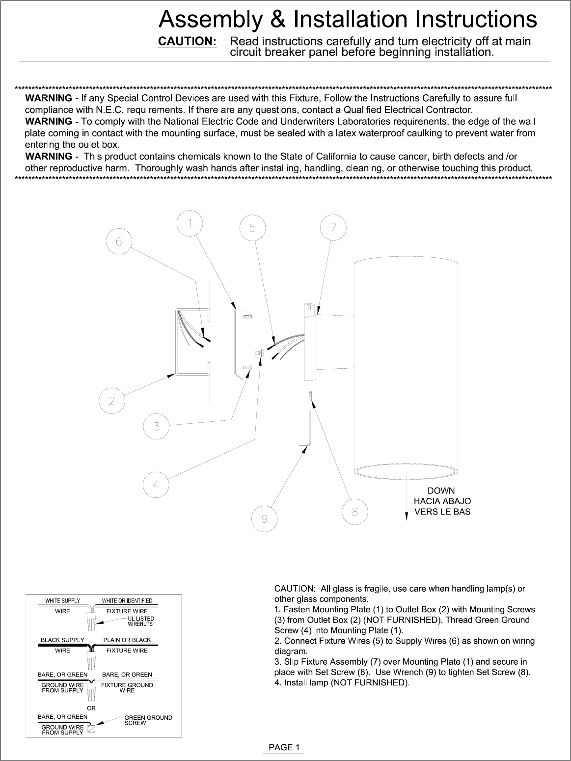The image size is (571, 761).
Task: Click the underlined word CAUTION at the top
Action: click(187, 41)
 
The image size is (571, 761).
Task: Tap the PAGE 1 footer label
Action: click(284, 747)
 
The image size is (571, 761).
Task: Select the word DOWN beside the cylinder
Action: click(441, 491)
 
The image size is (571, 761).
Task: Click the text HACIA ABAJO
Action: click(442, 501)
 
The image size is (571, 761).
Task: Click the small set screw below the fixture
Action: click(311, 395)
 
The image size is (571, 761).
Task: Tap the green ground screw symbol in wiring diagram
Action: click(91, 730)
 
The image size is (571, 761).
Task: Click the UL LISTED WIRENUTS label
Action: click(141, 621)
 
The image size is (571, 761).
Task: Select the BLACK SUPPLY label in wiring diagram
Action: click(62, 640)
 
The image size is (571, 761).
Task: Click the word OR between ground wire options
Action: click(91, 708)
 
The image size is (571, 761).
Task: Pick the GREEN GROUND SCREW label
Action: click(148, 720)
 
